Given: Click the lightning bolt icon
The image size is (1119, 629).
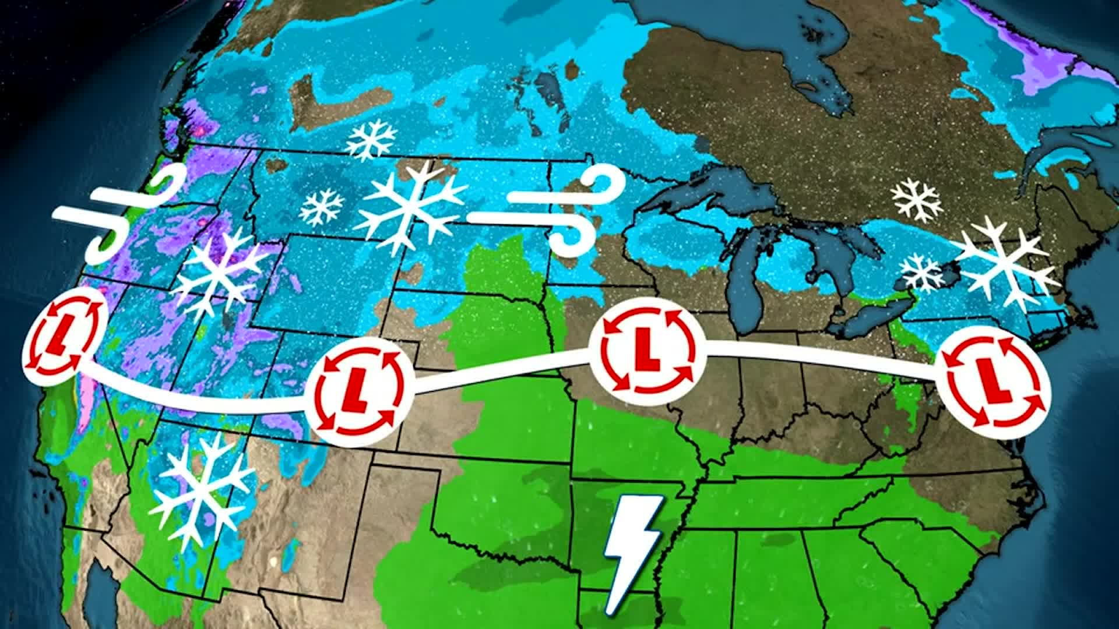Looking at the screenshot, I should coord(633,554).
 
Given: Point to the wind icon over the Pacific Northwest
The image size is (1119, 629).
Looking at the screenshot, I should coord(119,213).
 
